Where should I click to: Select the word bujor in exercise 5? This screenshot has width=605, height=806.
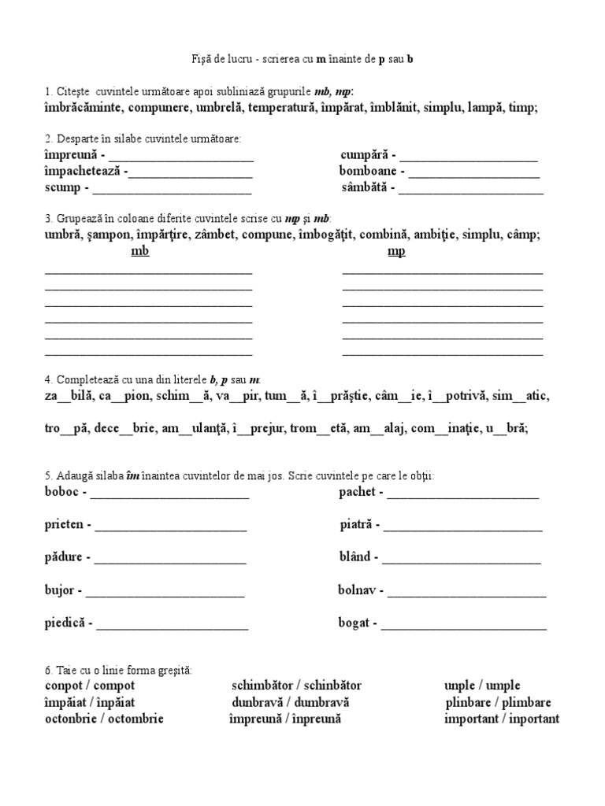[x=60, y=590]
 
